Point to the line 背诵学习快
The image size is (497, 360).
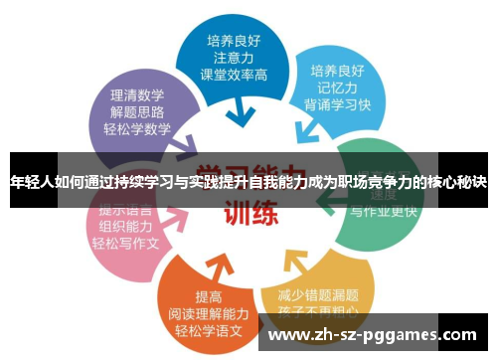tap(339, 105)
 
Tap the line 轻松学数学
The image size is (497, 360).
tap(136, 129)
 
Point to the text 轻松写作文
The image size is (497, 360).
tap(123, 243)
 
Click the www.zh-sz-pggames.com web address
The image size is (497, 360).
tap(371, 334)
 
